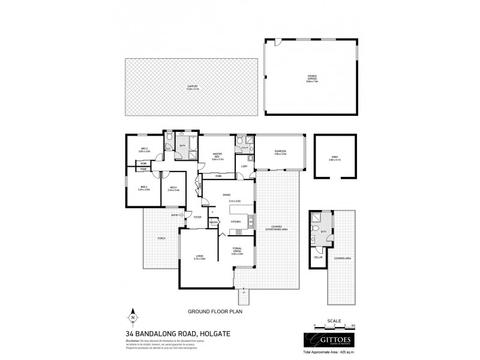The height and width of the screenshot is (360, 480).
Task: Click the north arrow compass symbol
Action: pyautogui.click(x=133, y=316)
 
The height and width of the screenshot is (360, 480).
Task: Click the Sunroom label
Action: pyautogui.click(x=280, y=152)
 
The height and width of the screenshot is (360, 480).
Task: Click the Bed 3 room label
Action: pyautogui.click(x=144, y=151)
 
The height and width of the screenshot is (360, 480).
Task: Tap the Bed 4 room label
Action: pyautogui.click(x=173, y=189)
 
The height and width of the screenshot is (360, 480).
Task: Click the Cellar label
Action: pyautogui.click(x=318, y=257)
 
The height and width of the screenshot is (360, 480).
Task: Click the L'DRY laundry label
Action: pyautogui.click(x=245, y=166)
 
